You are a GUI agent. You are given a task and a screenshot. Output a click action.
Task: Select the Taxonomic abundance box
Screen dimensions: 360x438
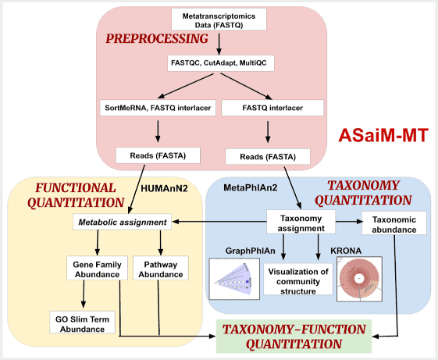click(394, 222)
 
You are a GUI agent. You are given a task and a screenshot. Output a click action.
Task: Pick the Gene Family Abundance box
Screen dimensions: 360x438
click(97, 269)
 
